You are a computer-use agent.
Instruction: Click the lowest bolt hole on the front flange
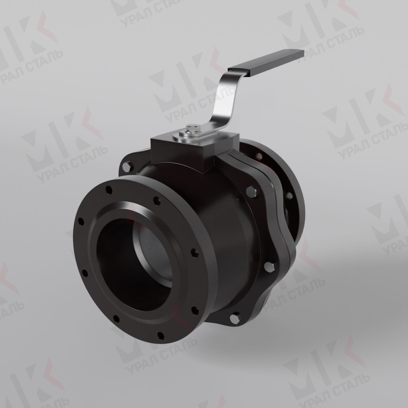click(160, 335)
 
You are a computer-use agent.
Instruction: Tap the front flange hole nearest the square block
click(157, 200)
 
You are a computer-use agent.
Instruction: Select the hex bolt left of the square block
click(127, 166)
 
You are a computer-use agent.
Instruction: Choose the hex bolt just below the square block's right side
click(251, 191)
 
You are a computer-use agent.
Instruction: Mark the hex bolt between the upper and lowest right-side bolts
click(269, 266)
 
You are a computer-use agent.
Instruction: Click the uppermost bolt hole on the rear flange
click(259, 155)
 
